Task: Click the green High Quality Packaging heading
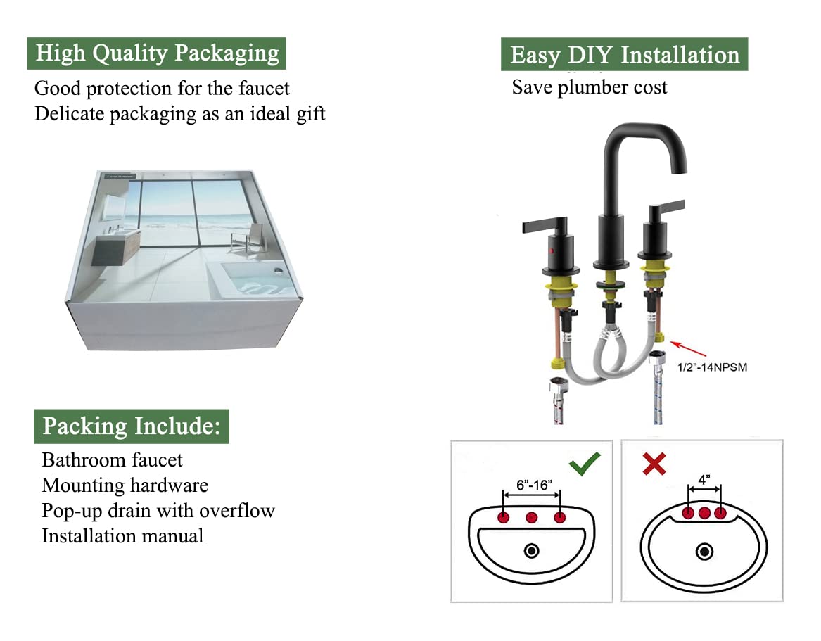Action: coord(156,53)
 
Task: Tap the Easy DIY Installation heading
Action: coord(625,56)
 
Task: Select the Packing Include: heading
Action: coord(132,426)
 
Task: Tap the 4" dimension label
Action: coord(704,479)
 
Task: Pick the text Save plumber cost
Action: coord(589,87)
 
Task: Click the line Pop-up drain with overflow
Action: coord(158,511)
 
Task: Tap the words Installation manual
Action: coord(122,536)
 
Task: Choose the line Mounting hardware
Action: coord(125,485)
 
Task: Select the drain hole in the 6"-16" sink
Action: coord(532,551)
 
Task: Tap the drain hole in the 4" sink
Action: coord(704,552)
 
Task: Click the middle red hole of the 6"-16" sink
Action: coord(532,518)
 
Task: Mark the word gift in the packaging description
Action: coord(310,114)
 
